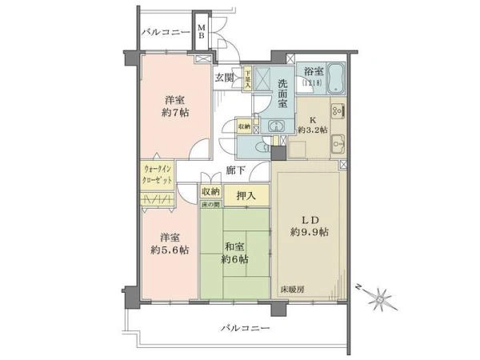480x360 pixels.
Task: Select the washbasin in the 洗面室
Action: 275,126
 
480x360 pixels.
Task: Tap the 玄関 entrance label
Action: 224,78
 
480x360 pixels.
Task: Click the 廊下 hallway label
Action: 235,170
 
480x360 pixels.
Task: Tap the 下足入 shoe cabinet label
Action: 249,77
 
